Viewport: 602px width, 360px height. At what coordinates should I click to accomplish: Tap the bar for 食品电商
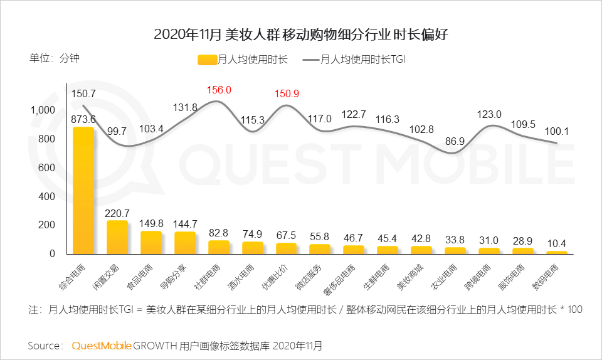(151, 242)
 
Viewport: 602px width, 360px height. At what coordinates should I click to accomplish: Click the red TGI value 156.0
(219, 90)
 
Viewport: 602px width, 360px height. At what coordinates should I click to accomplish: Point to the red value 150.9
(287, 93)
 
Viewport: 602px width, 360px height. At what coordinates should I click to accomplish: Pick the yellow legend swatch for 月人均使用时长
(207, 60)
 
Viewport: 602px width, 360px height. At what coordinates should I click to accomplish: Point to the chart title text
(301, 34)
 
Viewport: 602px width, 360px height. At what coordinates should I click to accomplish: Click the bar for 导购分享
(185, 243)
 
